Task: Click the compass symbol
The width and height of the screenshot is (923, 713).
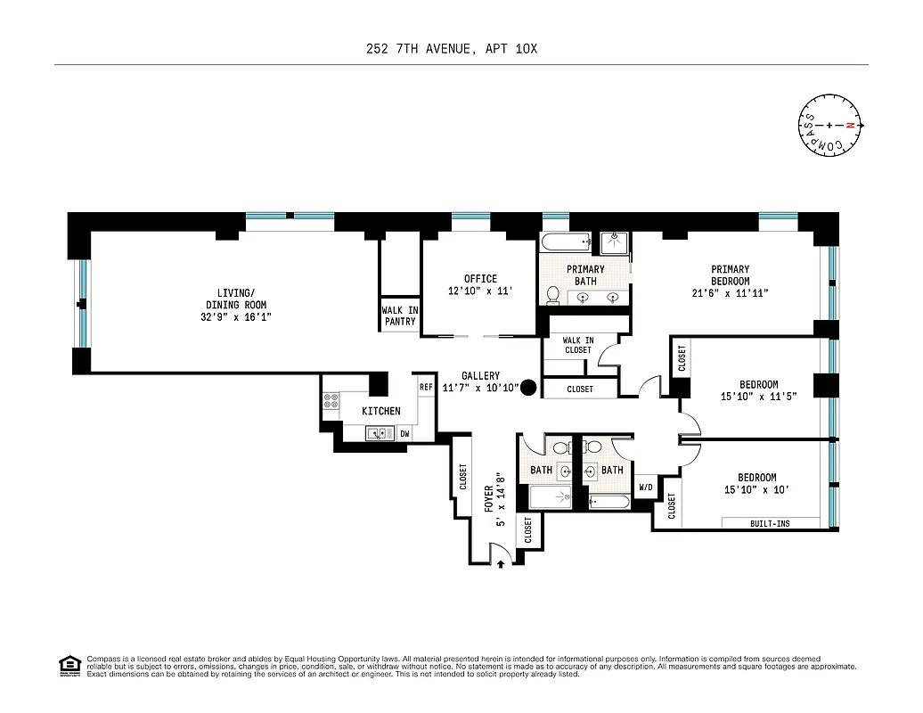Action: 829,126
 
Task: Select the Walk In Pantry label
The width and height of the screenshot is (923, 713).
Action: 400,316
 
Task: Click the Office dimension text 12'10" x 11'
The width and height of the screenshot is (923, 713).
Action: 480,291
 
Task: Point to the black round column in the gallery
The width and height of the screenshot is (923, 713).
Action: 528,387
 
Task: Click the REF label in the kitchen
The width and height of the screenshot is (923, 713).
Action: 426,387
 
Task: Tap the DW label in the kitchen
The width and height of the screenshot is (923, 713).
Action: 404,434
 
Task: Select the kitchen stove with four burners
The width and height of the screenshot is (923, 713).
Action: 331,401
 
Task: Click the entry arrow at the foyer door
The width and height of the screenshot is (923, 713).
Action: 502,562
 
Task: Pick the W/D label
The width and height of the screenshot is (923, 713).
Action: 646,488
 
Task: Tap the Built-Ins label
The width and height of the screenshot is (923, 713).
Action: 770,523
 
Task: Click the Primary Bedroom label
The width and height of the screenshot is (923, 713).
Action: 730,275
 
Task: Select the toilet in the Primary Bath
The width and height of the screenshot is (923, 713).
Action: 552,294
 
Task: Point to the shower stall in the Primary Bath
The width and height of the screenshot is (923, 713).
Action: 614,242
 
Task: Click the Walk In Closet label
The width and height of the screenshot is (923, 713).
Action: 578,345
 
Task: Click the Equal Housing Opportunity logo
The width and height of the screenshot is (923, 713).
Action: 69,666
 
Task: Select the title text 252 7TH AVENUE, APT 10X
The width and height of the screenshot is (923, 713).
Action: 452,49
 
